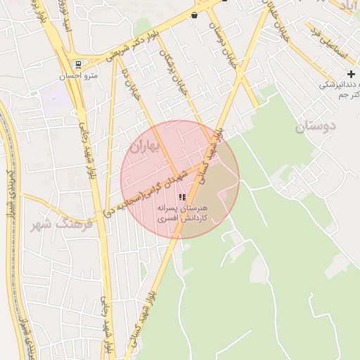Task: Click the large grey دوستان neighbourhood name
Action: click(x=316, y=127)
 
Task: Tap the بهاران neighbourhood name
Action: click(x=146, y=147)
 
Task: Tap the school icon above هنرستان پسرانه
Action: click(x=182, y=198)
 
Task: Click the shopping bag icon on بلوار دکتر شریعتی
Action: click(x=194, y=15)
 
